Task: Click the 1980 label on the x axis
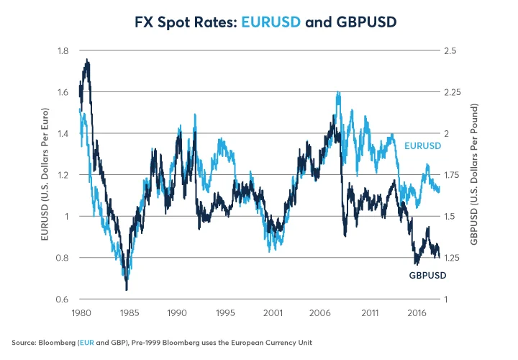[81, 314]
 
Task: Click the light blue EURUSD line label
[423, 146]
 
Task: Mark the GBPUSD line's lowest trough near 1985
[127, 289]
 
